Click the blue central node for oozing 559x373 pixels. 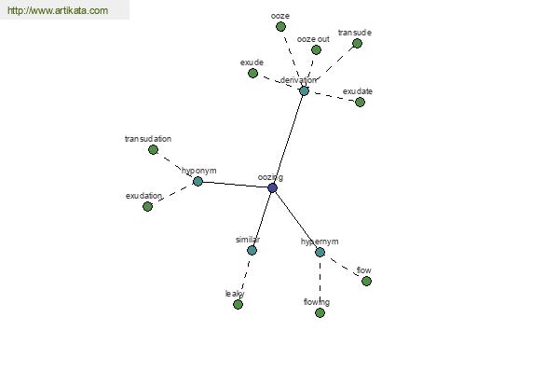tap(272, 187)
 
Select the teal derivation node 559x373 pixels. tap(304, 91)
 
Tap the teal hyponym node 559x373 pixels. tap(198, 181)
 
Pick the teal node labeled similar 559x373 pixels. tap(252, 250)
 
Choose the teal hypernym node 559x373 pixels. tap(320, 253)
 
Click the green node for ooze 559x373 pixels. tap(280, 26)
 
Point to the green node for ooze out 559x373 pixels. tap(316, 49)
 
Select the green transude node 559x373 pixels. tap(357, 44)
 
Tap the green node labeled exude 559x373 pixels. tap(252, 73)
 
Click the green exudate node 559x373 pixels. tap(360, 102)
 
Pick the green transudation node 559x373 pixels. tap(153, 149)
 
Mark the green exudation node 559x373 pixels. tap(147, 206)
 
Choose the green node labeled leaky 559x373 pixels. tap(238, 304)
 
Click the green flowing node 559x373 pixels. tap(320, 312)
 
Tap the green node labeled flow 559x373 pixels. tap(366, 281)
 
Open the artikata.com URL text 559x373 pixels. tap(58, 10)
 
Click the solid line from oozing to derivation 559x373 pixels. tap(288, 139)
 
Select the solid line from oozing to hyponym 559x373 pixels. tap(235, 185)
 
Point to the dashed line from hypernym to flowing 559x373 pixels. tap(320, 283)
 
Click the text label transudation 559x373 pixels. tap(148, 139)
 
